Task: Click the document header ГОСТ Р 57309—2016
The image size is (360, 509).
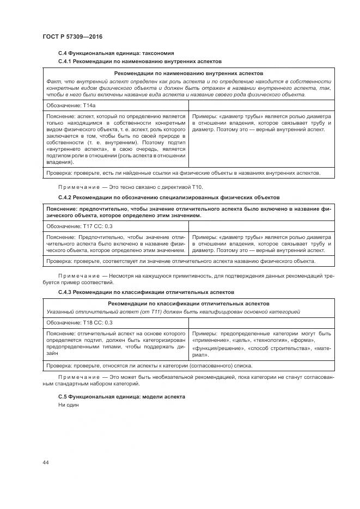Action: (x=72, y=36)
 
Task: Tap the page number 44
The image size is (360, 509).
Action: (x=45, y=462)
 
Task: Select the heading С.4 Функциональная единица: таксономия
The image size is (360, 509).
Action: (x=115, y=54)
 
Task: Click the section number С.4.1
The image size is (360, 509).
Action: (x=65, y=62)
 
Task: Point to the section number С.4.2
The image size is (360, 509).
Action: (x=65, y=197)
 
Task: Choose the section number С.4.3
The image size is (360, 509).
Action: (x=65, y=292)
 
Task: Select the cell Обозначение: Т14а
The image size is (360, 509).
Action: (x=68, y=105)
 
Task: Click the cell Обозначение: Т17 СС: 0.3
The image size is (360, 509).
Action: (x=79, y=226)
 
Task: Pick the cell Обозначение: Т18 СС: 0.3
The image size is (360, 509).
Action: (x=79, y=322)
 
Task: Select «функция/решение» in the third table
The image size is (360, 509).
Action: (x=217, y=348)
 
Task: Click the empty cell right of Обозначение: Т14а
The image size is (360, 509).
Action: (x=261, y=105)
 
